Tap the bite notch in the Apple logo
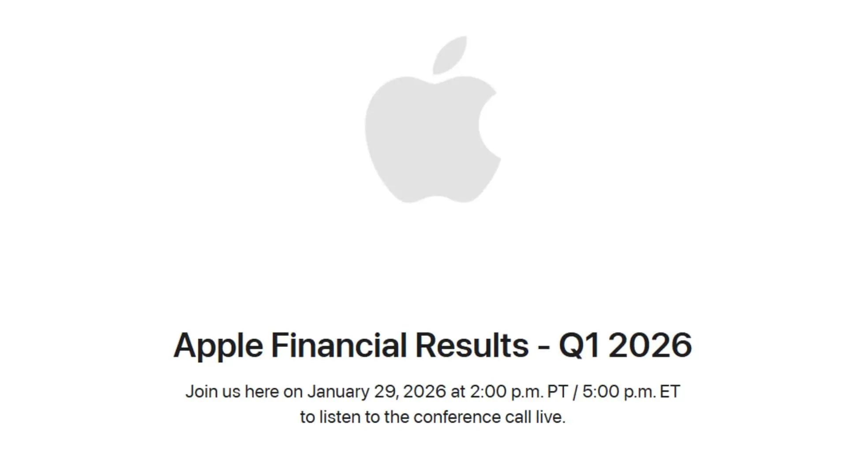(487, 126)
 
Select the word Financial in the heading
(338, 345)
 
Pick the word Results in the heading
(472, 345)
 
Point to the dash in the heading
(543, 346)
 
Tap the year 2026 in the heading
(651, 345)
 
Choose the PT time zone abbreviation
(557, 391)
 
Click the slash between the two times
(575, 391)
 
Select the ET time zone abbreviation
(670, 391)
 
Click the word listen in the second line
(339, 417)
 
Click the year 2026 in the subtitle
(424, 391)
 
